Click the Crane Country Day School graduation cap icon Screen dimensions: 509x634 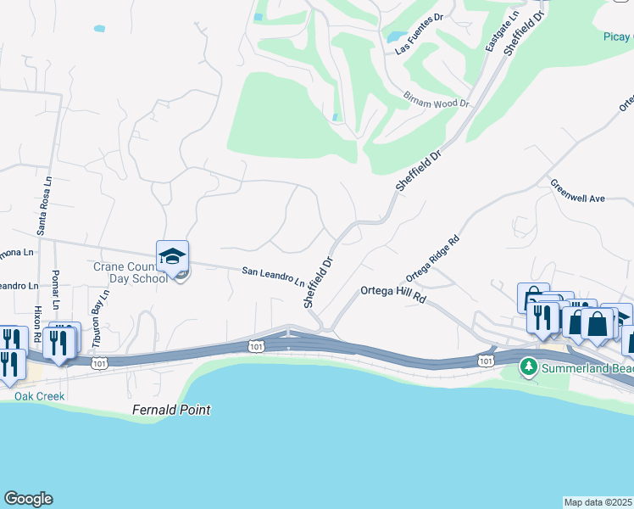click(172, 256)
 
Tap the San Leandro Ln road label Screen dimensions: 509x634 click(273, 276)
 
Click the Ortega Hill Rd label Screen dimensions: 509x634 click(392, 290)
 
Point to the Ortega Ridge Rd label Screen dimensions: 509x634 click(432, 258)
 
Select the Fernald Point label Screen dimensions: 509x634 click(171, 410)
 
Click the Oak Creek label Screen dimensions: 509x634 click(39, 395)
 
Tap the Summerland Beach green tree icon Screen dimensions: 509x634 click(529, 366)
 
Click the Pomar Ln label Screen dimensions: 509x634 click(57, 293)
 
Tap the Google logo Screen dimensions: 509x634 click(28, 500)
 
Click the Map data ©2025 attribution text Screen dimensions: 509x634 click(598, 502)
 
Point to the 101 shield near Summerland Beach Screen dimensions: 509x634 click(485, 361)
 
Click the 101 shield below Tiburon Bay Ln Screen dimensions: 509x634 click(101, 363)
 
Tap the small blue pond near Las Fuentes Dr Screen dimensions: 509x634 click(395, 36)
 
